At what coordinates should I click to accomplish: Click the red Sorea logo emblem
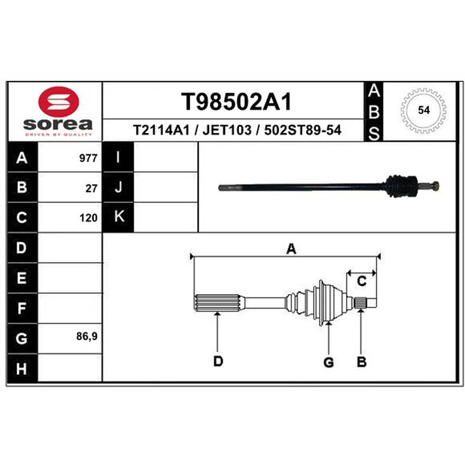[x=59, y=102]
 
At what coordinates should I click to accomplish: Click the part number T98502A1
[x=237, y=102]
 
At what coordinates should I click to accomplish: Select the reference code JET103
[x=227, y=130]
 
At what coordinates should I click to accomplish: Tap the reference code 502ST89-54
[x=303, y=130]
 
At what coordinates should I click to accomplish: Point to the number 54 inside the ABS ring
[x=424, y=110]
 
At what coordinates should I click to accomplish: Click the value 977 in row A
[x=88, y=158]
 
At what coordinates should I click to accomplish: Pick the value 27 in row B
[x=91, y=188]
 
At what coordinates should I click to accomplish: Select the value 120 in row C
[x=88, y=218]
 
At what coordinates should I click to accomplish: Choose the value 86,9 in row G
[x=87, y=337]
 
